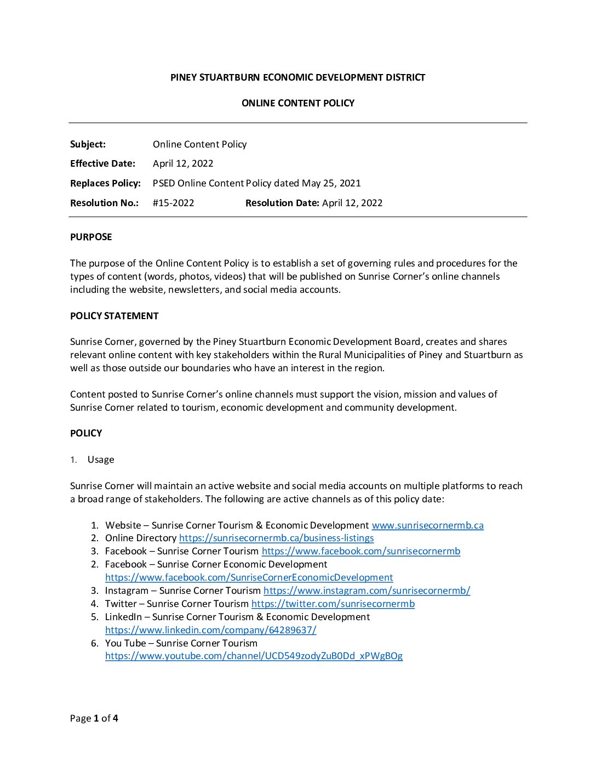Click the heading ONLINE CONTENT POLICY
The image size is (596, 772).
point(297,103)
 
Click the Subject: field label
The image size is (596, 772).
point(88,144)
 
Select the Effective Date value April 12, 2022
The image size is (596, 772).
point(183,163)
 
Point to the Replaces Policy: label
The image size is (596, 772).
point(105,183)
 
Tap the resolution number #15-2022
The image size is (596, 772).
point(173,203)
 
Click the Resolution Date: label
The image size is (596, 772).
point(282,203)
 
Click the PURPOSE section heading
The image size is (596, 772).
point(91,237)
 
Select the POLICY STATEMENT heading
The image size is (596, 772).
point(114,316)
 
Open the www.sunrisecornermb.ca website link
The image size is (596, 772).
point(427,525)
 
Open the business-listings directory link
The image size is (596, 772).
point(276,538)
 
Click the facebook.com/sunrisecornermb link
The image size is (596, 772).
point(361,552)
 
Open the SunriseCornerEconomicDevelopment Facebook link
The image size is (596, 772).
point(249,577)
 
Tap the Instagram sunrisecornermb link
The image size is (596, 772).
point(366,591)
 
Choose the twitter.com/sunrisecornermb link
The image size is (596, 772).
point(333,604)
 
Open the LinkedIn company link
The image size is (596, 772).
point(210,630)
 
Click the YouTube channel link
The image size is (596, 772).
point(254,656)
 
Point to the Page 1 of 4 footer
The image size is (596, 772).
point(94,718)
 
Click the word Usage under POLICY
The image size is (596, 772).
point(101,459)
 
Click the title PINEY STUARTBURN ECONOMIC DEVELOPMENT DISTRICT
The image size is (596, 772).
point(297,77)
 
